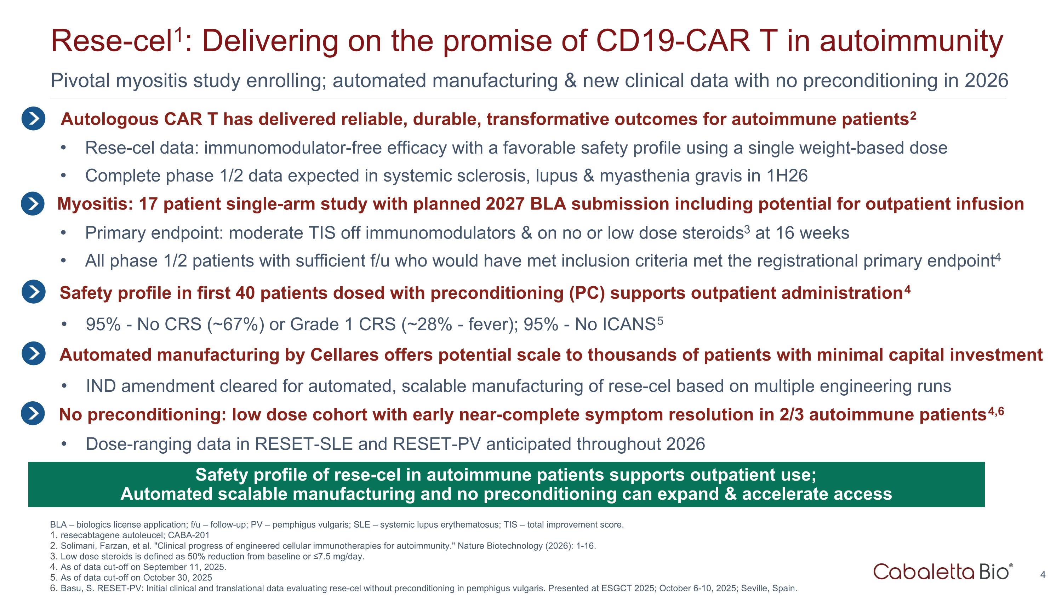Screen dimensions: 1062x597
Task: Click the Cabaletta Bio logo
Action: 942,572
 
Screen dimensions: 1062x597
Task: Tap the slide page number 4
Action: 1043,575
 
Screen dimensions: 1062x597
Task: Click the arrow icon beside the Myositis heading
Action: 33,203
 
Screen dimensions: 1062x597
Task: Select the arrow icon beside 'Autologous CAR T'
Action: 33,119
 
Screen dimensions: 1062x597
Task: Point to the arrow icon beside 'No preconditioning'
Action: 33,413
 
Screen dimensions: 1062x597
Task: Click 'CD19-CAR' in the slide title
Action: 672,41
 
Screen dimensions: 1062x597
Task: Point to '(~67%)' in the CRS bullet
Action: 235,325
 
